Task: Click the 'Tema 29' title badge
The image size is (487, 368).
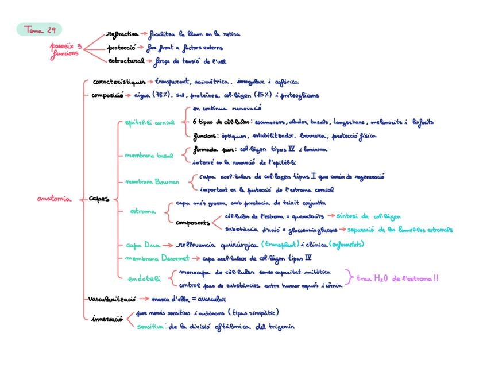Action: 39,29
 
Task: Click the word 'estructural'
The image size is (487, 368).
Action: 125,60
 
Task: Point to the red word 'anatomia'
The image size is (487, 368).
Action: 54,199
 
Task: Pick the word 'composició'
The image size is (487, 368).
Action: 107,95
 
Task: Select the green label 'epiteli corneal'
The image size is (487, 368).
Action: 150,122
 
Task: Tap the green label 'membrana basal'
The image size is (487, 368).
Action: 149,155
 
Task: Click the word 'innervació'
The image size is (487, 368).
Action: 107,319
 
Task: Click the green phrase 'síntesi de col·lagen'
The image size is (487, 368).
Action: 368,216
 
